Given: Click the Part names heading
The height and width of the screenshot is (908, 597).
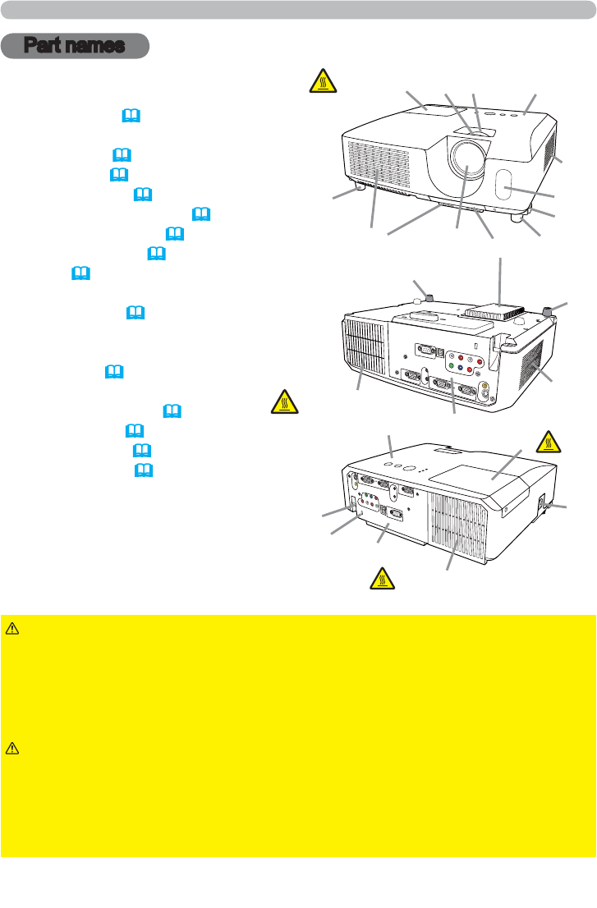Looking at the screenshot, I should [x=75, y=46].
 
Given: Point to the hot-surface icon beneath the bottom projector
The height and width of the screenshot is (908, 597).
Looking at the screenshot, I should [x=380, y=578].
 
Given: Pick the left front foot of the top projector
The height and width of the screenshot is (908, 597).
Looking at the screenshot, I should [x=358, y=188].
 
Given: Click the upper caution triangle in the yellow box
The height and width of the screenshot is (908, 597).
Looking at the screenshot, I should [x=12, y=629].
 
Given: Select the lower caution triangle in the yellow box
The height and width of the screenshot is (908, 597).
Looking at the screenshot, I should [x=12, y=748].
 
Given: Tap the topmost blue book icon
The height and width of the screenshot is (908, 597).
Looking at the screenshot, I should [x=130, y=117].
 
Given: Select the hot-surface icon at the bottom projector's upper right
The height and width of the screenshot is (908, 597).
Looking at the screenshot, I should [x=547, y=441].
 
